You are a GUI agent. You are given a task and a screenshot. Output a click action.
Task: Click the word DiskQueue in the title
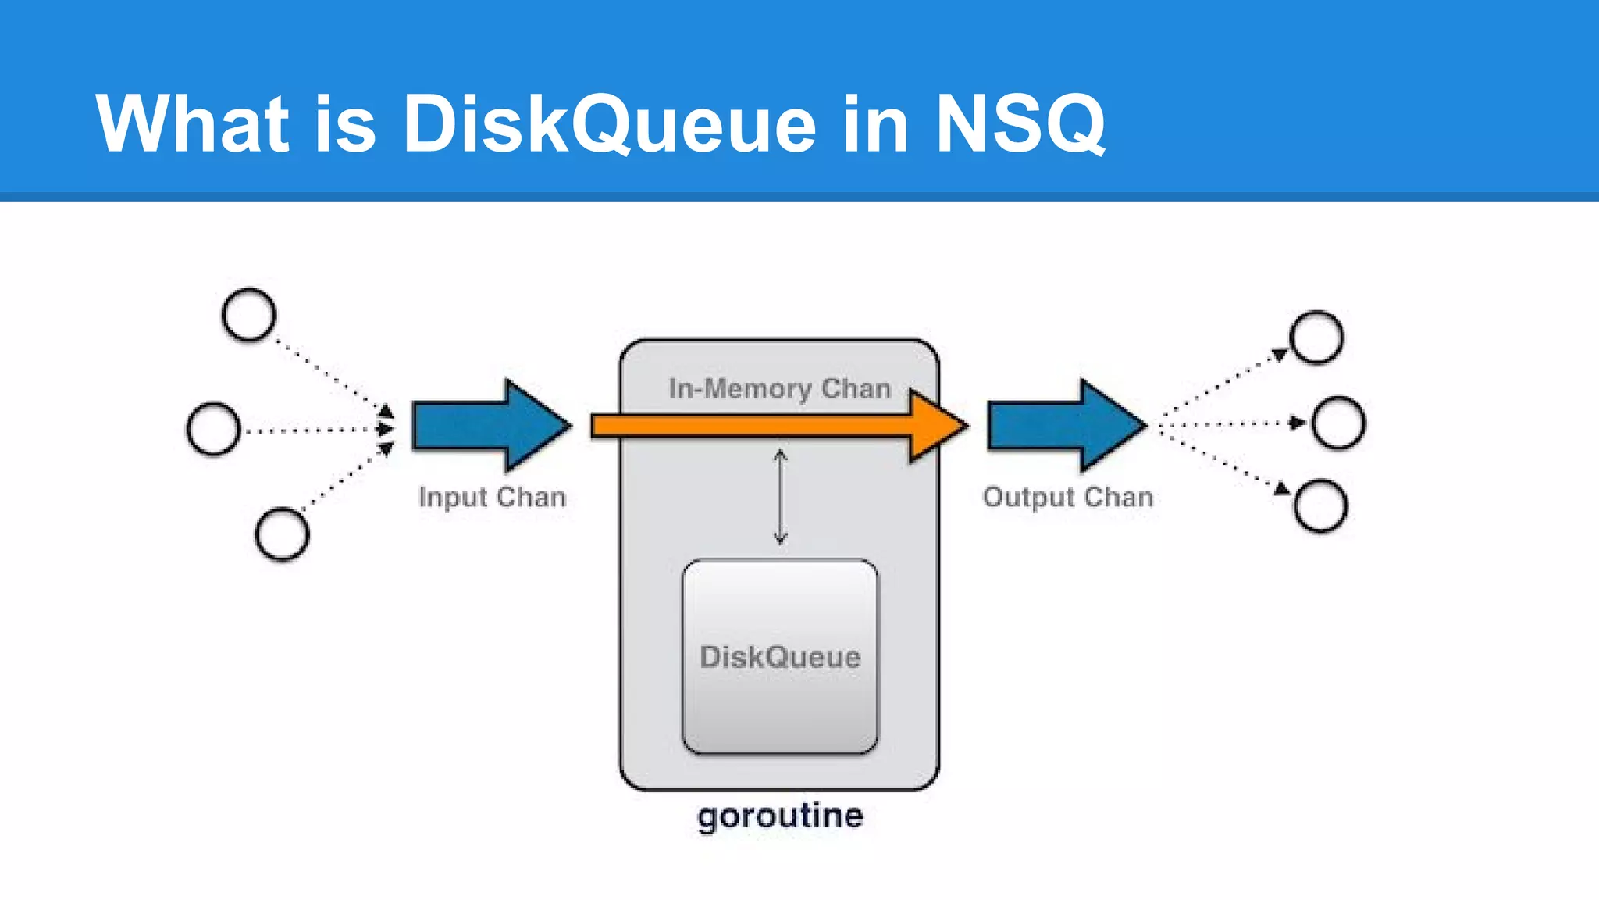609,123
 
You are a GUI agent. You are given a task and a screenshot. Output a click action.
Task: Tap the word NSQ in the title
1020,123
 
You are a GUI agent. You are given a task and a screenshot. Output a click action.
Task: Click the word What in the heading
192,123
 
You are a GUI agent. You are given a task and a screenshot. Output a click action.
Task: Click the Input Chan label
492,497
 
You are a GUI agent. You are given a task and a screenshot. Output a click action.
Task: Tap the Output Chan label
1067,497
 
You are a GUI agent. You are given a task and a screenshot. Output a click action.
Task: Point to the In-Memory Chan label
779,388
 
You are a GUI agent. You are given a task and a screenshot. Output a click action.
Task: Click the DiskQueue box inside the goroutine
780,656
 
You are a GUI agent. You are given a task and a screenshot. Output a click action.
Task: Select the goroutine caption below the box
780,816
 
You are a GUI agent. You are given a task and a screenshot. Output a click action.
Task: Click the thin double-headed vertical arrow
780,497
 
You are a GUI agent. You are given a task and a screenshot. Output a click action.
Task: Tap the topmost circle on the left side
249,315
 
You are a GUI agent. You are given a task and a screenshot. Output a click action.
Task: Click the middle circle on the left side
213,429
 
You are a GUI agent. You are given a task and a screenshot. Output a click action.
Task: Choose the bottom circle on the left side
282,534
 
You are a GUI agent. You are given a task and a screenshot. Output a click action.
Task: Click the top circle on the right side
1316,337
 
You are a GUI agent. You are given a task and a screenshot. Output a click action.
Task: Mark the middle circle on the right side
1338,423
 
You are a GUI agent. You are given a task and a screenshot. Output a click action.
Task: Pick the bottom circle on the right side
1320,506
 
